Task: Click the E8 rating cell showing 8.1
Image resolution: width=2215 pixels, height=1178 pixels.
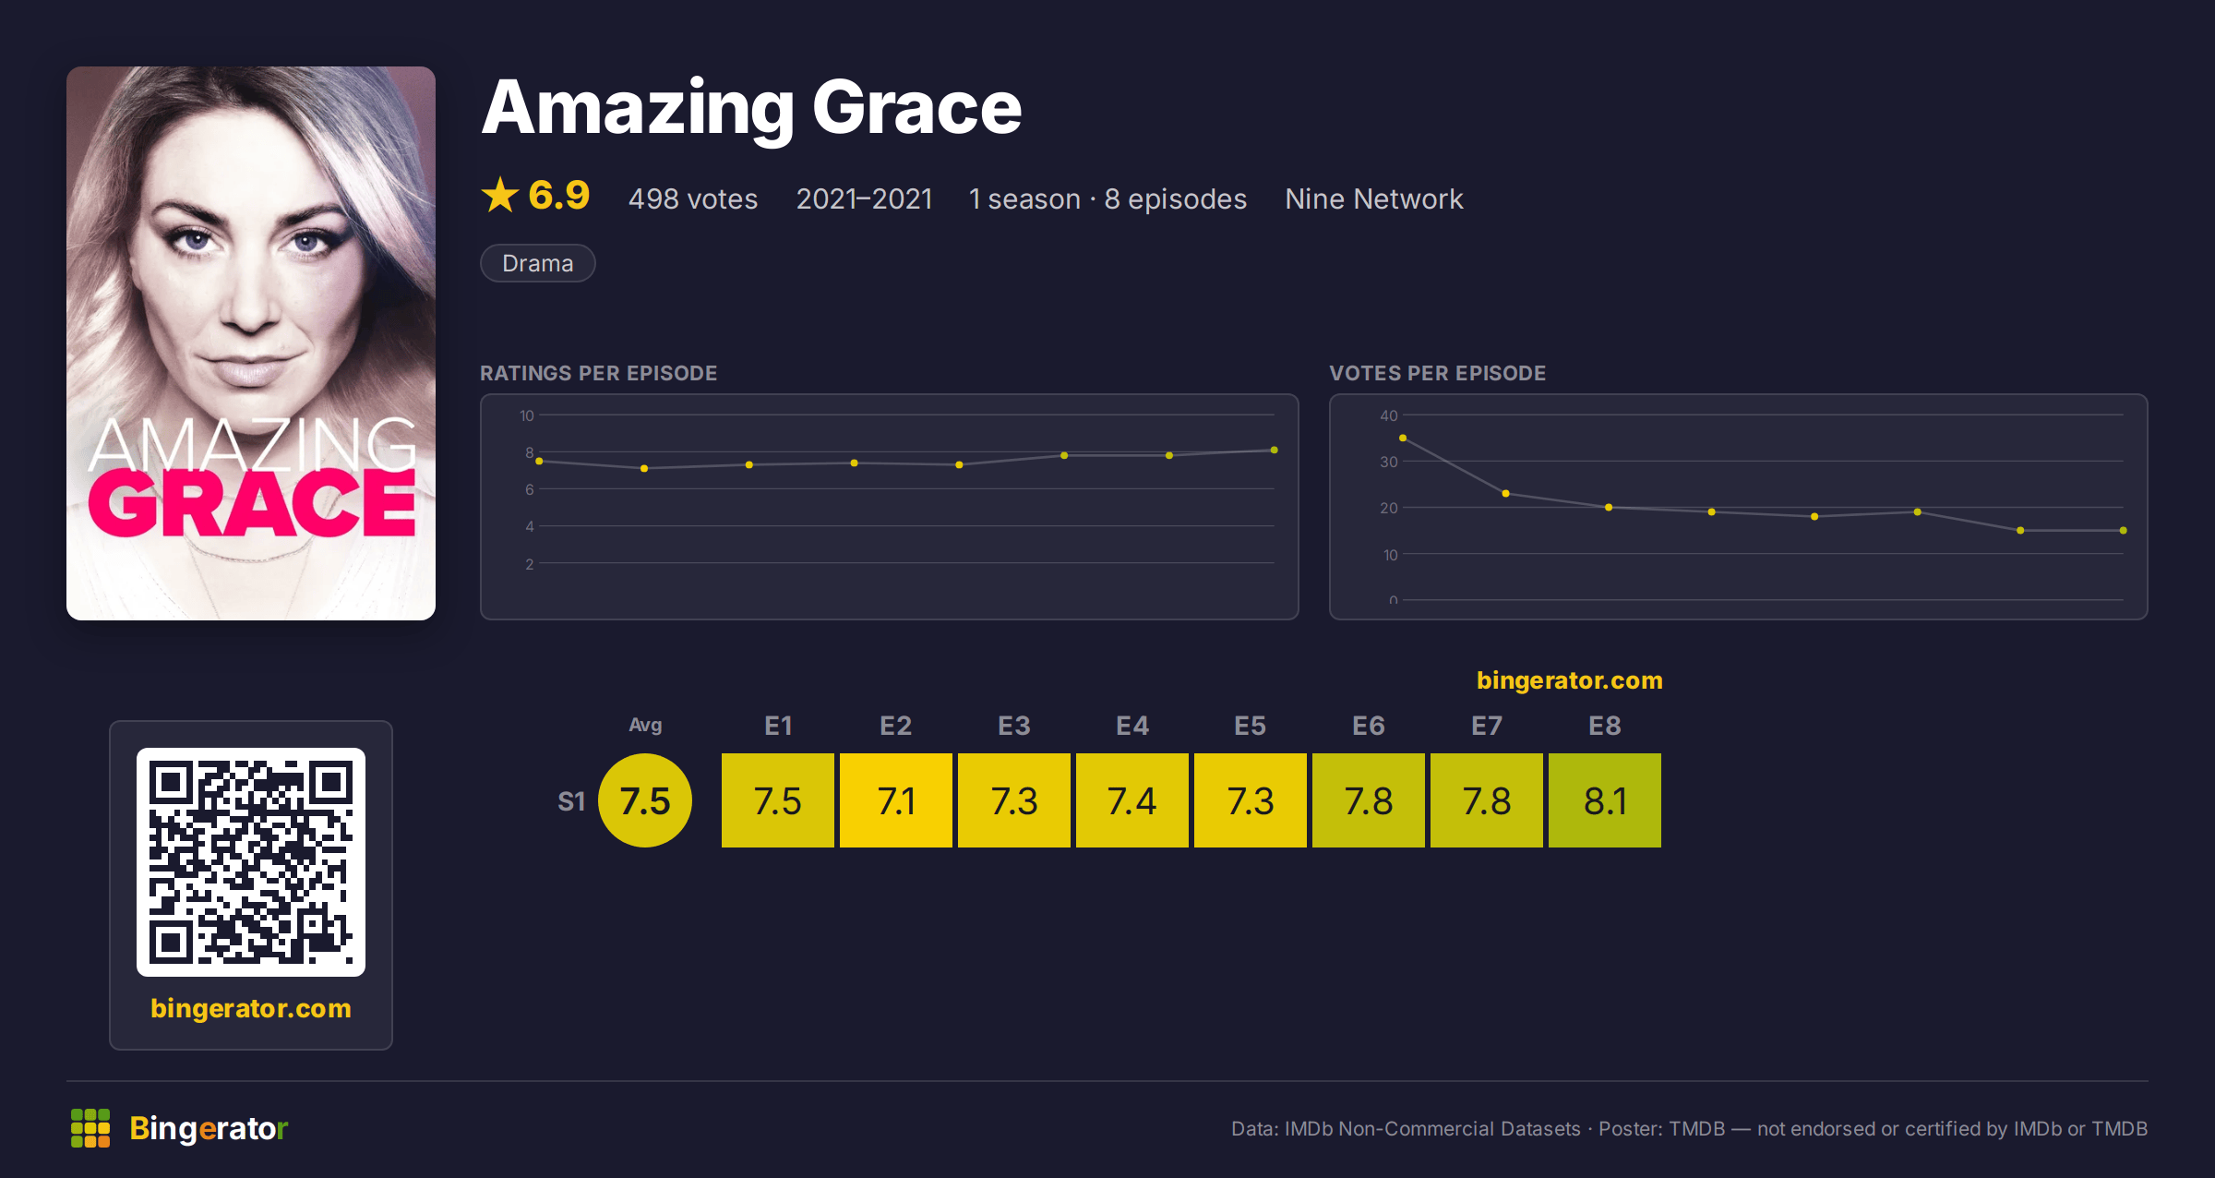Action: pos(1605,800)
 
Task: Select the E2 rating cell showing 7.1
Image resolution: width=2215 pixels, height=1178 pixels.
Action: pos(896,800)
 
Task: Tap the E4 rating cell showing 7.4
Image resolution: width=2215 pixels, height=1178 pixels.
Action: pos(1132,800)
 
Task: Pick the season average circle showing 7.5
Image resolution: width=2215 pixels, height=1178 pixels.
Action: pos(645,800)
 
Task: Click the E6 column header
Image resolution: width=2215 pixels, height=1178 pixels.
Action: pos(1369,726)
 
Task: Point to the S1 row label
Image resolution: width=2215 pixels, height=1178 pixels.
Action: pos(571,801)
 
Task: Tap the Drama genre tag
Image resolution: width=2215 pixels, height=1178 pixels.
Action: pos(538,263)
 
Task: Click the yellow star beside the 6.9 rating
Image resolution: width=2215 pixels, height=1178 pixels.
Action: pos(500,195)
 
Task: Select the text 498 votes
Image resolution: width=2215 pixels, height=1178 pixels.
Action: pos(693,198)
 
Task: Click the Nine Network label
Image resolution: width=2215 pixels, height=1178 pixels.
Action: pos(1374,198)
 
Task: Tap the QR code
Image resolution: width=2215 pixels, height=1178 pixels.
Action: pos(251,862)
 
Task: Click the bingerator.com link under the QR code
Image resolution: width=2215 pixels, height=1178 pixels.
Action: pos(251,1008)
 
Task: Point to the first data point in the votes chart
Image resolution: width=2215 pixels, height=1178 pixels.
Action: pos(1403,438)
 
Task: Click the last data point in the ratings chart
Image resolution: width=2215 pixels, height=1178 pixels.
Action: pos(1275,450)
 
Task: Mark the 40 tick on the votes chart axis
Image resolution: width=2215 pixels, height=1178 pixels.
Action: pos(1389,415)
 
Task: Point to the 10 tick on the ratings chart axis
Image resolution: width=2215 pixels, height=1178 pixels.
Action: pos(527,415)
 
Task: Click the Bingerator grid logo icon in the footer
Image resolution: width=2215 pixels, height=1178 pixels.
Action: pos(90,1128)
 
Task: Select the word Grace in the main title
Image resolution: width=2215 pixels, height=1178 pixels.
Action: pos(916,108)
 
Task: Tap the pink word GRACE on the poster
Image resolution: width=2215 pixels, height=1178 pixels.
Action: pos(251,503)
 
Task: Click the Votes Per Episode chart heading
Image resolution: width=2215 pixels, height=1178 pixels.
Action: pos(1437,373)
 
